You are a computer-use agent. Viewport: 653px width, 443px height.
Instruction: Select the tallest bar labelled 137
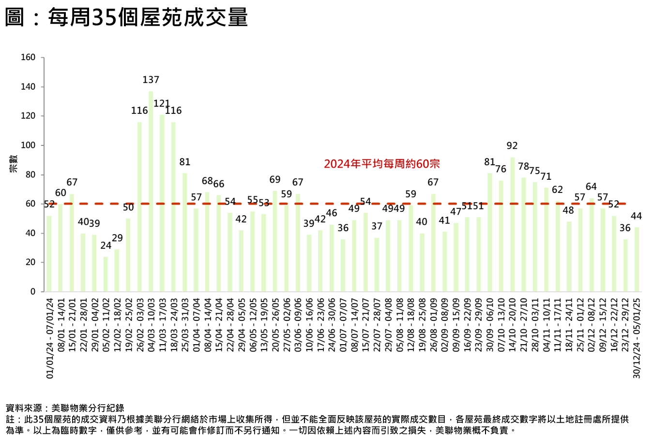[151, 191]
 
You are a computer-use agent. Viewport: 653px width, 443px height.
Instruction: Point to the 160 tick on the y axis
[28, 58]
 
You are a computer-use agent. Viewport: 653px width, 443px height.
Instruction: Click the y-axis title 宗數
[13, 164]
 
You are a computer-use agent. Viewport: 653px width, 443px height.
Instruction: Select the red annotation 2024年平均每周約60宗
[382, 164]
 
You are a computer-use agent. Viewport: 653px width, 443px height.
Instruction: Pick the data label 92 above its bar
[512, 146]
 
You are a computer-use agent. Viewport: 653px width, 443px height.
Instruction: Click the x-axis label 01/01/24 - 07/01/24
[49, 338]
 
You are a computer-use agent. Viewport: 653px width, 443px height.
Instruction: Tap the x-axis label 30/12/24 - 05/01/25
[637, 338]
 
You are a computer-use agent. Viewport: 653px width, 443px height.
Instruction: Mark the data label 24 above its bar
[106, 246]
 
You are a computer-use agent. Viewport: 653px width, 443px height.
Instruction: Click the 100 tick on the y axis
[28, 145]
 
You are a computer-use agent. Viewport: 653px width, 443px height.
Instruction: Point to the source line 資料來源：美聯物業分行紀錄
[65, 408]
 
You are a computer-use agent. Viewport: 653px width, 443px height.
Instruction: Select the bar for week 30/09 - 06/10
[489, 232]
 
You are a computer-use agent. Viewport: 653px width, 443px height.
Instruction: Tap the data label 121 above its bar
[162, 104]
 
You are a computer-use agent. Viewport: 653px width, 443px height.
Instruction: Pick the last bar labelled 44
[637, 259]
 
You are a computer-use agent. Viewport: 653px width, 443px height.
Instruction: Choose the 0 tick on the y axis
[33, 292]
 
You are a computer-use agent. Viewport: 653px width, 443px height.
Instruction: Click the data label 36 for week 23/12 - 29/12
[625, 228]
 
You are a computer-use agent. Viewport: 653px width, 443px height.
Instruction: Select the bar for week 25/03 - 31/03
[185, 232]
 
